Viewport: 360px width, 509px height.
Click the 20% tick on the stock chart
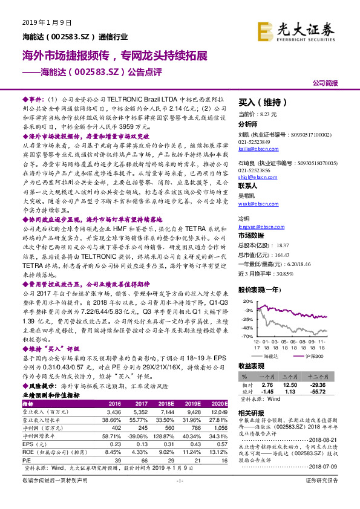[x=247, y=300]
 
